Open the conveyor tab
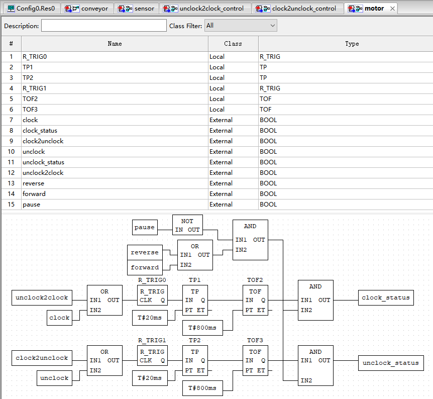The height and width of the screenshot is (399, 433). tap(87, 8)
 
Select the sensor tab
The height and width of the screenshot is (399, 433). tap(137, 8)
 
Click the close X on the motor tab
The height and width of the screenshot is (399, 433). tap(392, 9)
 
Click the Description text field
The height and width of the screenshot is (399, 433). tap(104, 26)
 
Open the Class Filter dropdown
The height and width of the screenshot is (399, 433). tap(241, 26)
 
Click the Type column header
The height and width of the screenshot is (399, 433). tap(352, 44)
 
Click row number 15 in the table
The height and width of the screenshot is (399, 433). tap(11, 205)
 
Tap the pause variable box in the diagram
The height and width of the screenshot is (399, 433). tap(145, 228)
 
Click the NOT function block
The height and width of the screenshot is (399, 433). tap(187, 225)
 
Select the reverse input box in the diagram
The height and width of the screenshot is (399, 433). tap(145, 253)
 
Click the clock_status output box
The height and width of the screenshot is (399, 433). tap(386, 297)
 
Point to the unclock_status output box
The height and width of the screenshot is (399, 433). tap(391, 363)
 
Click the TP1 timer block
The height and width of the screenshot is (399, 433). tap(195, 300)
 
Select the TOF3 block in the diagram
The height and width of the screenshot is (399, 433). tap(256, 360)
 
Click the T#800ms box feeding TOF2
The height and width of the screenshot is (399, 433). tap(203, 328)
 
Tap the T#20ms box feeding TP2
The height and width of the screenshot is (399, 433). tap(150, 378)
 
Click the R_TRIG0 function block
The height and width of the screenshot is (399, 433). tap(152, 295)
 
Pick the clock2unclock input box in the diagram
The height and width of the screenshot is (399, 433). tap(42, 358)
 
